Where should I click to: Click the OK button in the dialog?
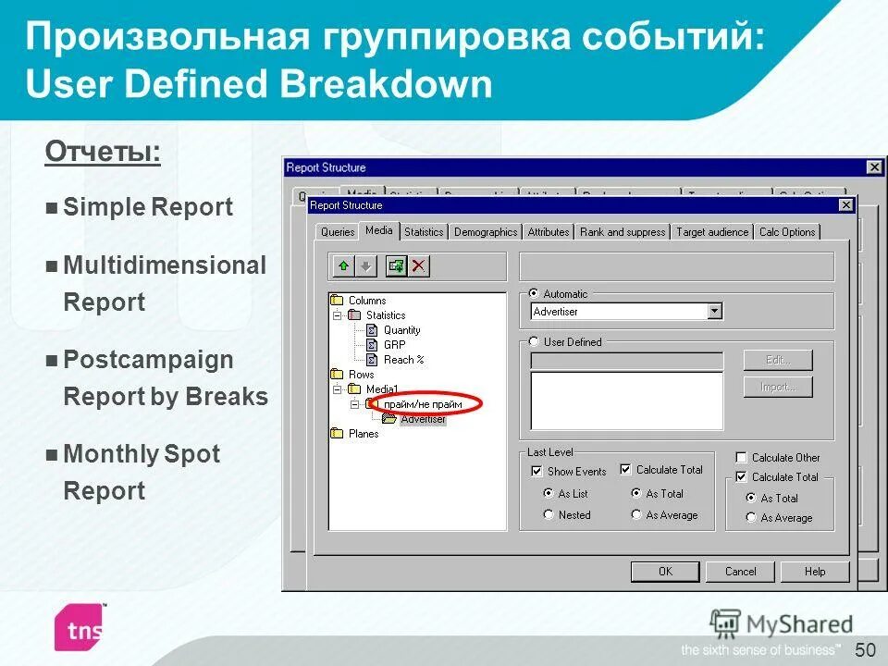664,572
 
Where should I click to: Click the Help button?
815,572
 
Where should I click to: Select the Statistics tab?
424,232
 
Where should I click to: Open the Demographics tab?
486,232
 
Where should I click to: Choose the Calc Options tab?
787,232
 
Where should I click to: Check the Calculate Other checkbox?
741,458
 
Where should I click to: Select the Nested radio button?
549,515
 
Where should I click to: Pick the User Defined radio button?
535,342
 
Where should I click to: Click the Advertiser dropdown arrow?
714,312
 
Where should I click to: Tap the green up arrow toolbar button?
343,266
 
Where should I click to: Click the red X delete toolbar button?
419,266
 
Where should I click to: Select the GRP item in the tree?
394,345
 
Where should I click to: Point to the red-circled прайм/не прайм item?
422,404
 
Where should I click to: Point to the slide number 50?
865,648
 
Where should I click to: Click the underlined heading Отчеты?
103,152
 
